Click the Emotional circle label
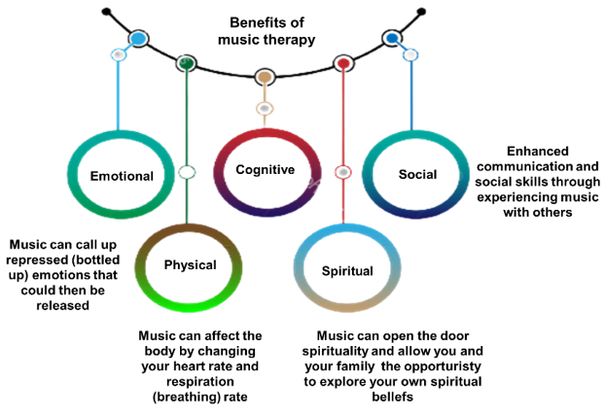[122, 176]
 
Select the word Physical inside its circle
[190, 263]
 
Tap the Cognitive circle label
[265, 170]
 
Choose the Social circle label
[417, 174]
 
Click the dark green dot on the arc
[187, 63]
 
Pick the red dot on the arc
[342, 64]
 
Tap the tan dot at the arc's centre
[265, 76]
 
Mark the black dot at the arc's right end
[420, 13]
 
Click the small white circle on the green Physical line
[187, 172]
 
